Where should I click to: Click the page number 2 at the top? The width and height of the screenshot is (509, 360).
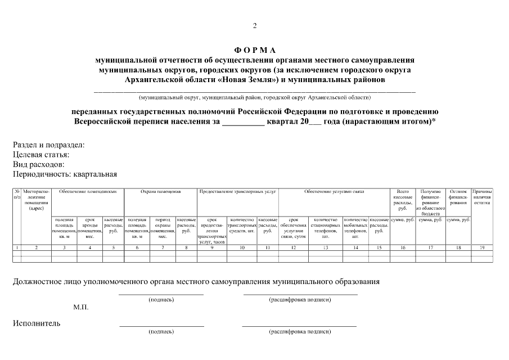[254, 26]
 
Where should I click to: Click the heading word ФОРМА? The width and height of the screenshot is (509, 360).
[254, 50]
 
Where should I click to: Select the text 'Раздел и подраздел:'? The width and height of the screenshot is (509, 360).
[48, 145]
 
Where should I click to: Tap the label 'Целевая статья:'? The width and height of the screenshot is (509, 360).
[41, 155]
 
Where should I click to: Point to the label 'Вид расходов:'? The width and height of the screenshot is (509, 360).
[38, 164]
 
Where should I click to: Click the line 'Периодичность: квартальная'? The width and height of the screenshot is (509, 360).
[65, 174]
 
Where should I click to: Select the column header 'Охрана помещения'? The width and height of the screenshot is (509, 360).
[160, 192]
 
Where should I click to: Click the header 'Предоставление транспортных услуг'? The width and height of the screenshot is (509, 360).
[237, 192]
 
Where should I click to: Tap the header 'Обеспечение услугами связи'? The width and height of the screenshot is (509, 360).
[334, 192]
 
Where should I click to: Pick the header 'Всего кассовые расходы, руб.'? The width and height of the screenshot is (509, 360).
[402, 200]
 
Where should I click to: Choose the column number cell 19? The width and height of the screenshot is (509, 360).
[482, 247]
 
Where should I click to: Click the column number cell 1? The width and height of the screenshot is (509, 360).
[17, 247]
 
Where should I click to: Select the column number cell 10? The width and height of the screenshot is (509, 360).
[242, 247]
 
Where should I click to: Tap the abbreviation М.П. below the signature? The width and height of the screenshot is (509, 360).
[80, 307]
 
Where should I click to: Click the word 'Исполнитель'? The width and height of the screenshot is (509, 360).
[37, 323]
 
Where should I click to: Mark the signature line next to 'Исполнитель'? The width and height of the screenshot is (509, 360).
[161, 326]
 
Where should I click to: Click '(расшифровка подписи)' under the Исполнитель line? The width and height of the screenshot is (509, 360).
[300, 332]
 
